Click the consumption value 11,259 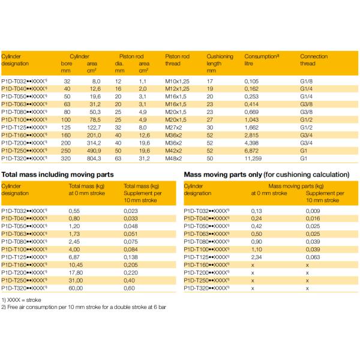pos(252,158)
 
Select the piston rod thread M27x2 pos(173,127)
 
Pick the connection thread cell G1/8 pos(307,80)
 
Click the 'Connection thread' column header pos(314,59)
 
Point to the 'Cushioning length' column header pos(220,63)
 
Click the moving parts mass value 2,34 pos(257,256)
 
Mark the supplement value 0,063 pos(313,256)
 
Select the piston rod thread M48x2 pos(173,158)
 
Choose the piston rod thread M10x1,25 pos(178,80)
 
